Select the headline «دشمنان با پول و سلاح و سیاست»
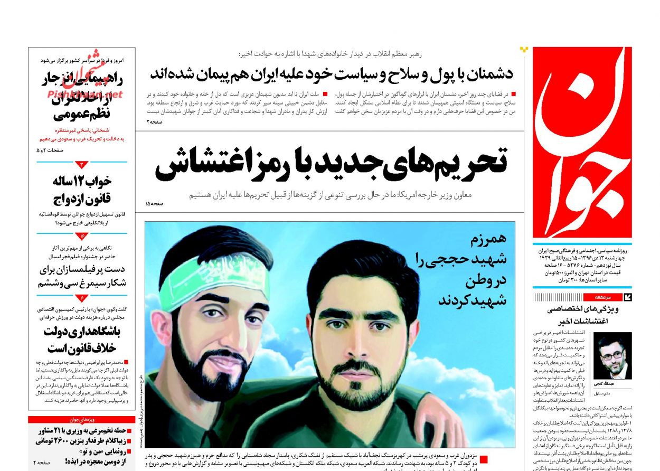(331, 73)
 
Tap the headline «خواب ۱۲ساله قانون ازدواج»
(82, 190)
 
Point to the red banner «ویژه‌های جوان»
(81, 420)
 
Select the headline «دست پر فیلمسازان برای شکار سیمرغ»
(82, 276)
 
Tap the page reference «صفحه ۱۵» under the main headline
(155, 203)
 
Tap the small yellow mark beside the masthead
(524, 50)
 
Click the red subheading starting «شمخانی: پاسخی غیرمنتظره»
(81, 134)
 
